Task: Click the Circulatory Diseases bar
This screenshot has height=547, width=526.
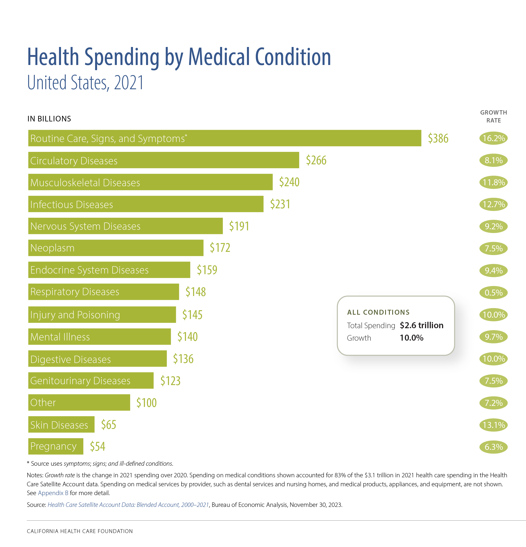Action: click(x=163, y=160)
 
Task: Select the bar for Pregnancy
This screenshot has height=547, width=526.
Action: click(x=56, y=446)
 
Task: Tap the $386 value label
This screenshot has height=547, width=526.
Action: click(x=438, y=138)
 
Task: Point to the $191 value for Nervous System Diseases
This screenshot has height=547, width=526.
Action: click(x=239, y=226)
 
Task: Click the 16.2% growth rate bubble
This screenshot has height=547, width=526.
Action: click(x=493, y=138)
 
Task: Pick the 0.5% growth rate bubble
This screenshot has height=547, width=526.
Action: click(x=493, y=292)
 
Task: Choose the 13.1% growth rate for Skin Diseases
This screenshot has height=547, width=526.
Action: click(x=493, y=425)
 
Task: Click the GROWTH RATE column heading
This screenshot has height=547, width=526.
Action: click(x=493, y=116)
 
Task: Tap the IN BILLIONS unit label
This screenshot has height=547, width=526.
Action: click(x=49, y=119)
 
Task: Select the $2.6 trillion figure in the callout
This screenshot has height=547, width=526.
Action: click(x=421, y=325)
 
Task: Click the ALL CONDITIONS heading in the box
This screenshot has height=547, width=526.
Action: click(x=378, y=312)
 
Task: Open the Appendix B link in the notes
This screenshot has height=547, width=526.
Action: click(x=53, y=493)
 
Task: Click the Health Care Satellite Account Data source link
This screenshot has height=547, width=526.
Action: click(x=128, y=505)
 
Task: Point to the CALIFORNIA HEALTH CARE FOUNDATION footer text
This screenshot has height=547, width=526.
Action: click(x=80, y=531)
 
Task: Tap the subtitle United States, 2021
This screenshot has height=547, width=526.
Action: click(x=85, y=83)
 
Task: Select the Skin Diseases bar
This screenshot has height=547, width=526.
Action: click(x=61, y=425)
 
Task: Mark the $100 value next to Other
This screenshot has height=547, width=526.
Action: click(x=146, y=403)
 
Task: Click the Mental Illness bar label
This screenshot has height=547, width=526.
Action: click(x=60, y=337)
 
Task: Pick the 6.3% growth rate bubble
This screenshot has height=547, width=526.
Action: click(x=493, y=447)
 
